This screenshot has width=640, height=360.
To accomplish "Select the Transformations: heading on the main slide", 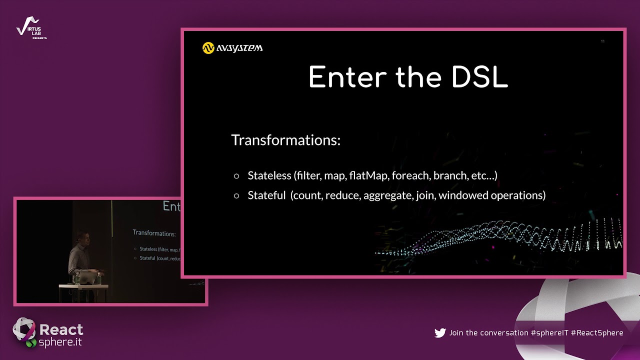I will (285, 140).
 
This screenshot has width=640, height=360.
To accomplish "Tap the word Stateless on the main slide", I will (269, 175).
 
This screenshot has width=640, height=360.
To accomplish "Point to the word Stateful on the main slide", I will (266, 195).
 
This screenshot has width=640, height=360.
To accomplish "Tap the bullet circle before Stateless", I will (236, 176).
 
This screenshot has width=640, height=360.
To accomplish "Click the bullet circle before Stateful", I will (236, 196).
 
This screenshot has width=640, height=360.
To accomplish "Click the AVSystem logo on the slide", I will (232, 48).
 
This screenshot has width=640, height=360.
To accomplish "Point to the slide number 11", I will (602, 41).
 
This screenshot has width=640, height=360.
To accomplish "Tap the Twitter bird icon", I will (440, 333).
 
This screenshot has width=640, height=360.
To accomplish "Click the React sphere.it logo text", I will (60, 335).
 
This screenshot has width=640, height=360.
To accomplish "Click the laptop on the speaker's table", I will (88, 277).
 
